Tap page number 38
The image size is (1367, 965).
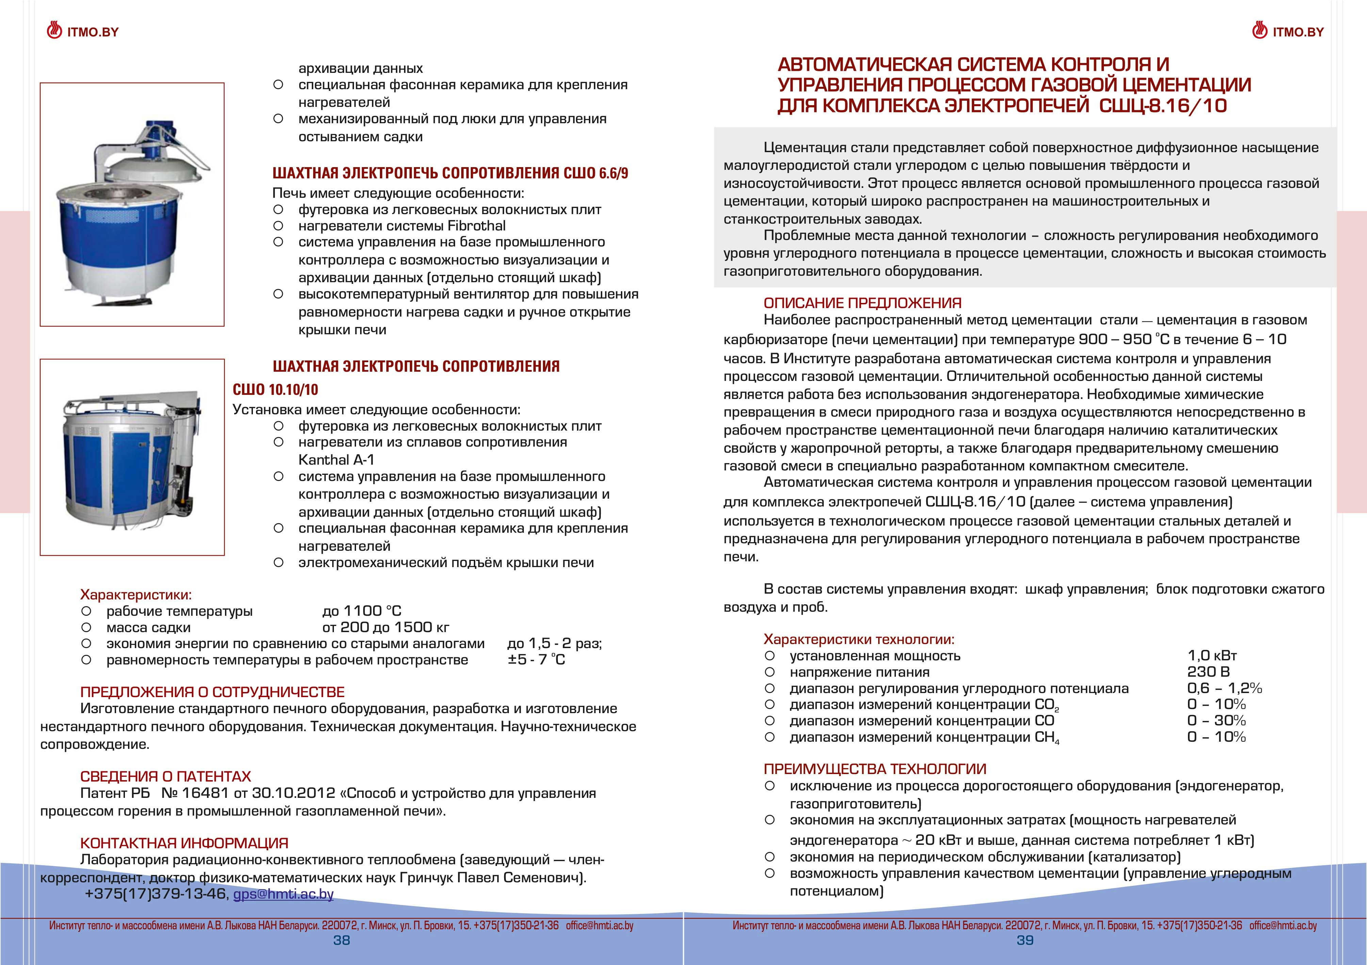(x=342, y=940)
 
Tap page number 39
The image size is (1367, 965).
(x=1025, y=940)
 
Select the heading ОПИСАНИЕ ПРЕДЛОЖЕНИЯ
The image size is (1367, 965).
(x=862, y=303)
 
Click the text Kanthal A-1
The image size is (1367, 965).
(x=336, y=460)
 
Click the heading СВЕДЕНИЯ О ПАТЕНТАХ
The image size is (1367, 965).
(x=165, y=776)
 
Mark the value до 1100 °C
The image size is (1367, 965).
(x=362, y=611)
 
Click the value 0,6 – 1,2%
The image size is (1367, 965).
(x=1224, y=688)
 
